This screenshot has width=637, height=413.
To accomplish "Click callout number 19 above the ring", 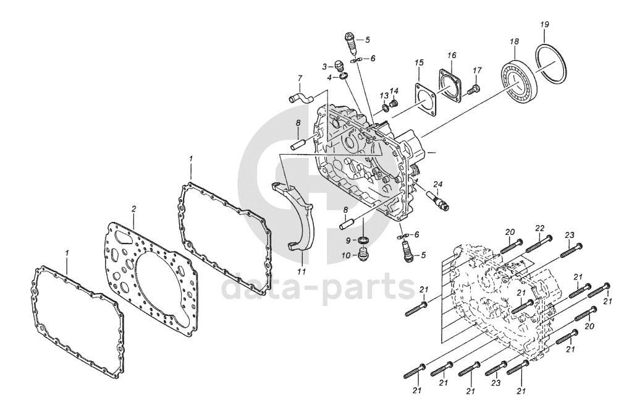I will pos(544,25).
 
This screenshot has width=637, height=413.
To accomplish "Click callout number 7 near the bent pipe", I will pos(300,79).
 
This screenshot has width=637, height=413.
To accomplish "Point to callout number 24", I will pos(438,184).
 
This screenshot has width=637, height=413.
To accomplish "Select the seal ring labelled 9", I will pos(365,240).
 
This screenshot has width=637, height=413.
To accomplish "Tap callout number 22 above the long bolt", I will pos(539,229).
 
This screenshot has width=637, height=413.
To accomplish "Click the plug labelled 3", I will pos(338,64).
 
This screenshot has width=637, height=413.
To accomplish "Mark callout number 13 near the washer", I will pos(384,96).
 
